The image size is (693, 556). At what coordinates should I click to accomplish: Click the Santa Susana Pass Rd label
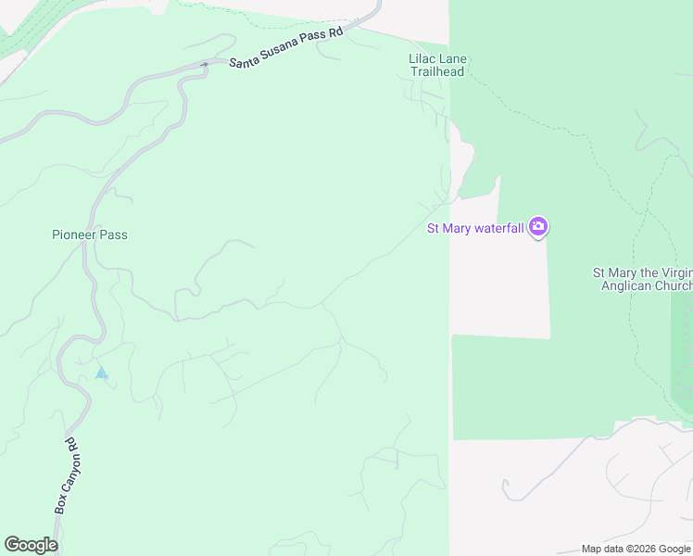286,47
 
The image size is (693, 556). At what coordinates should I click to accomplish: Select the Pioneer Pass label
90,235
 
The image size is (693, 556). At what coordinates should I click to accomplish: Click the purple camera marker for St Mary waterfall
538,227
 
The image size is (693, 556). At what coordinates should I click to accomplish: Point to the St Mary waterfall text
475,228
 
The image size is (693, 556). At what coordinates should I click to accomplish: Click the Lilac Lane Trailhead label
438,67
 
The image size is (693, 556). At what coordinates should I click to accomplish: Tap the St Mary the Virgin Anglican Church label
643,279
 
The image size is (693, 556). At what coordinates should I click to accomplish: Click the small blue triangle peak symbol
102,373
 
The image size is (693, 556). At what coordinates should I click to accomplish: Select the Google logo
31,545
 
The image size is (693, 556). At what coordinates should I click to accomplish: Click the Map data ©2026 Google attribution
635,549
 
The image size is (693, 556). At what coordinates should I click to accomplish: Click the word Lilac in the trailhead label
422,59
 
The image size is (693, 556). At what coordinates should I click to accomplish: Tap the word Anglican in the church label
628,285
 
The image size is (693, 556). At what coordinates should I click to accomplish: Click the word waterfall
500,228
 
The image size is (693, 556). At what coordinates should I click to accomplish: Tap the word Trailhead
438,73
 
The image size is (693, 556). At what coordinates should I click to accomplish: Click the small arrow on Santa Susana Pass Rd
204,64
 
